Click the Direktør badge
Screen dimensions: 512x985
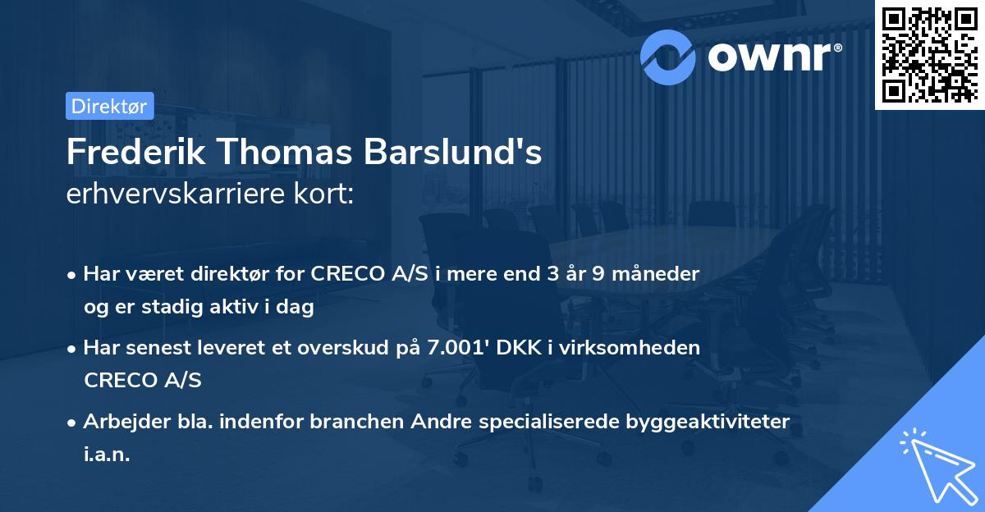[109, 106]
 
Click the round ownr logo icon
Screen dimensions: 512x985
[668, 57]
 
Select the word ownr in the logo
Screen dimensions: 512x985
[774, 57]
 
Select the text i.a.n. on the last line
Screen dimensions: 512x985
[107, 454]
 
